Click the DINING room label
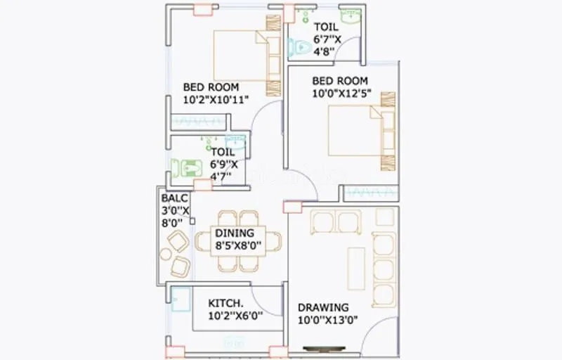[x=235, y=233]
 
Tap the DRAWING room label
[x=323, y=307]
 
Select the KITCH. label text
[x=226, y=303]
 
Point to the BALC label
[x=174, y=198]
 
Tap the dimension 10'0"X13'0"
[x=329, y=320]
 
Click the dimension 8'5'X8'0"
[x=239, y=245]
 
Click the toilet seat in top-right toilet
[x=300, y=48]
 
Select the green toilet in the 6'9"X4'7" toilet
[x=187, y=167]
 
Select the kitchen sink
[x=180, y=300]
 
